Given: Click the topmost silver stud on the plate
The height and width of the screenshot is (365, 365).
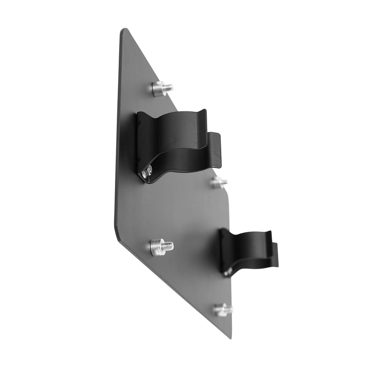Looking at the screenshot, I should coord(162,88).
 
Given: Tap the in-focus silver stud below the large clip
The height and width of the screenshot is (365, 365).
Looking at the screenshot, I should coord(161,247).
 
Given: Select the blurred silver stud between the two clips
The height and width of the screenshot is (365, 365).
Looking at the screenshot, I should coord(219,182).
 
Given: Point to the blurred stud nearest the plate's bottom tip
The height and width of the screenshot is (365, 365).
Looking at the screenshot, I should coord(223,310).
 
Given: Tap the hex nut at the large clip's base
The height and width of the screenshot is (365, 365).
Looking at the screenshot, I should coord(147,172).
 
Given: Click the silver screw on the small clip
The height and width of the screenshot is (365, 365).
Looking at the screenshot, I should coord(227,272).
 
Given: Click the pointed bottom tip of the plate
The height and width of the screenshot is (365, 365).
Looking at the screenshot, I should coord(230,337).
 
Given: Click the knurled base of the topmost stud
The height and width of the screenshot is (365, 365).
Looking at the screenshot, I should coord(158,89).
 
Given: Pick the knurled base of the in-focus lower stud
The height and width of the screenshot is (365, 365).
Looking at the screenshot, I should coord(156,247).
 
